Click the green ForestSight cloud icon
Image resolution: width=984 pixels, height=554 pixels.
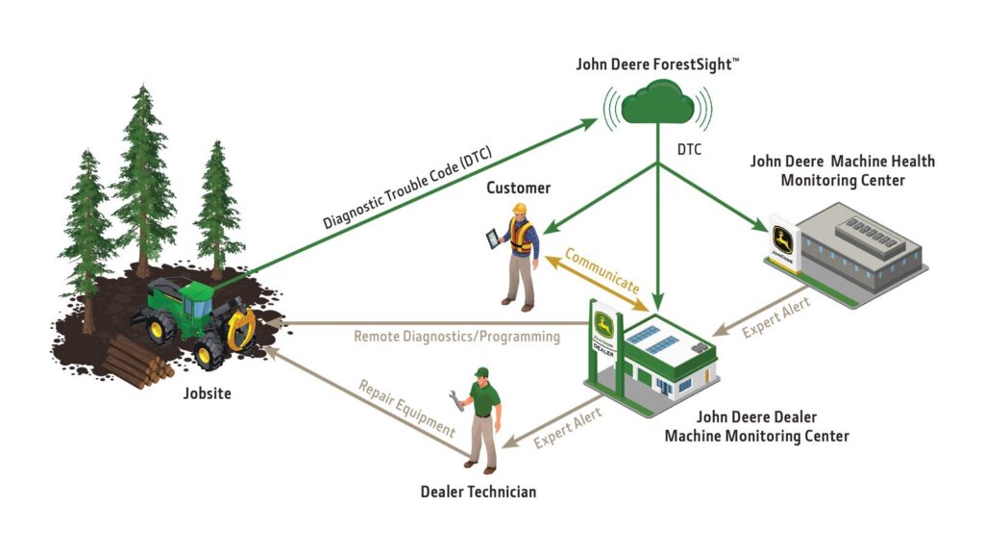[656, 101]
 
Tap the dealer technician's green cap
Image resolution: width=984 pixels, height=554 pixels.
[481, 372]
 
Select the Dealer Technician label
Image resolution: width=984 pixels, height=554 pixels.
[478, 491]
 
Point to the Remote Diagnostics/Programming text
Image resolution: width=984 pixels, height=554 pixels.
[456, 337]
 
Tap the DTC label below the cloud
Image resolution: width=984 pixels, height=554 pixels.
[687, 150]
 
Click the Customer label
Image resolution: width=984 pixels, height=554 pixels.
[518, 188]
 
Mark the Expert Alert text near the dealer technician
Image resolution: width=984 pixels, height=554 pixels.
[568, 426]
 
